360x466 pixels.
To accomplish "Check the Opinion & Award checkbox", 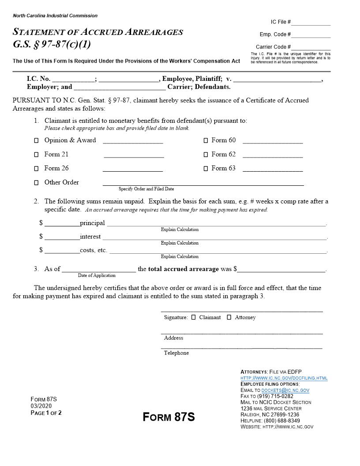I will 37,141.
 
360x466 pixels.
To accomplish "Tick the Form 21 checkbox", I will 37,155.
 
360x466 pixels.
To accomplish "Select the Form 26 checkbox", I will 37,169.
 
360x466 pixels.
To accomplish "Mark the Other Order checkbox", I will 37,183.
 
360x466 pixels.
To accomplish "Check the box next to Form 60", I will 206,141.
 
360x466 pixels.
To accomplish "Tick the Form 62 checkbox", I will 206,155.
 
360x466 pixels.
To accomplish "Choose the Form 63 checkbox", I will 206,169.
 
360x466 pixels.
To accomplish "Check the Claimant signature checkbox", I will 194,317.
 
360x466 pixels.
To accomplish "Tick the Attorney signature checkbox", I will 229,317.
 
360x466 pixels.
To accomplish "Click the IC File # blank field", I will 311,23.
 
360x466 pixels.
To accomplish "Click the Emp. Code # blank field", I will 311,35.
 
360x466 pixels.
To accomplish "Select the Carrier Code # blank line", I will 311,48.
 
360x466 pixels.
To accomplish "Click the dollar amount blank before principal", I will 62,223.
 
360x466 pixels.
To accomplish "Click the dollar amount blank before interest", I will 62,237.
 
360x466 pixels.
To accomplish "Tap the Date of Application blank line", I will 98,269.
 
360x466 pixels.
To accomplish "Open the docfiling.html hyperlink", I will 284,378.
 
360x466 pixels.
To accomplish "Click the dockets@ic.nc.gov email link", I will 285,391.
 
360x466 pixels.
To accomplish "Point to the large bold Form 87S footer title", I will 169,417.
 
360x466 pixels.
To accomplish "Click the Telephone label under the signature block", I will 176,353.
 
